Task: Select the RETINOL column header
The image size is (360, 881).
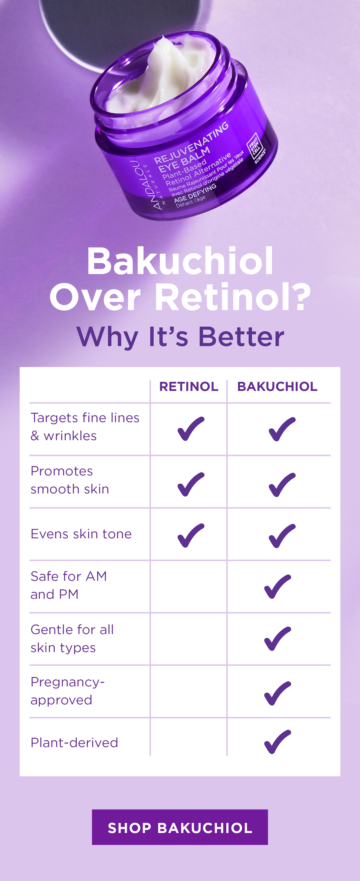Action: [x=189, y=386]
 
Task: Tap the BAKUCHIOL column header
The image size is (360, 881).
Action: [x=277, y=386]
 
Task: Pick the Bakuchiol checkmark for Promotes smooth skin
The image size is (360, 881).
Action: [x=282, y=485]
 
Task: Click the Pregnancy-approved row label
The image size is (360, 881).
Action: [x=67, y=691]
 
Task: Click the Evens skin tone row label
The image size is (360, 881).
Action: [x=81, y=534]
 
